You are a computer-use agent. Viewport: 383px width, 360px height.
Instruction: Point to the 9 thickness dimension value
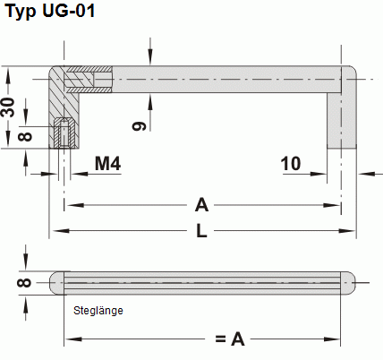pyautogui.click(x=139, y=126)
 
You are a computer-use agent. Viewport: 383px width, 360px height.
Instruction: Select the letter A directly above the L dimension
pyautogui.click(x=201, y=205)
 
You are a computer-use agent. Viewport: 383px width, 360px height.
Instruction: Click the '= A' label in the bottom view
pyautogui.click(x=229, y=339)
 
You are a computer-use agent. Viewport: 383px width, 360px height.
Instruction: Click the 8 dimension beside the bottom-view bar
pyautogui.click(x=24, y=283)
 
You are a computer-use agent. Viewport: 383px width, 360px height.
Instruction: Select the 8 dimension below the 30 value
pyautogui.click(x=24, y=136)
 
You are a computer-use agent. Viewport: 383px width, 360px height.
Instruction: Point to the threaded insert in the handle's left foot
pyautogui.click(x=64, y=134)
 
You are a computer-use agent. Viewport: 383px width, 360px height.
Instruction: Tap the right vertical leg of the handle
pyautogui.click(x=342, y=116)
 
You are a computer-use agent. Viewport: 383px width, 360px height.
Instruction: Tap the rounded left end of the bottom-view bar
pyautogui.click(x=55, y=283)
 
